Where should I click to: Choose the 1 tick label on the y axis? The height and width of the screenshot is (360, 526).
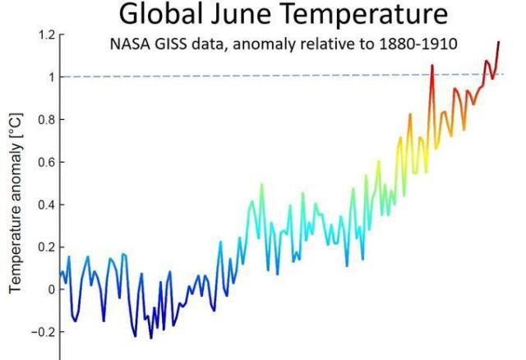coord(49,77)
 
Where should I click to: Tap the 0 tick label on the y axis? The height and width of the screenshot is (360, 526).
coord(49,289)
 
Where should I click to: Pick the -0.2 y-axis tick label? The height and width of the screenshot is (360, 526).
coord(42,332)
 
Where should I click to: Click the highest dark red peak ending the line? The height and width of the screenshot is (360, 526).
coord(498,42)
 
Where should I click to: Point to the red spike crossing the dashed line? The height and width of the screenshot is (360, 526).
coord(432,66)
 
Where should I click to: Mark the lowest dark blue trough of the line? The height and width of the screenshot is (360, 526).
coord(150,337)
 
